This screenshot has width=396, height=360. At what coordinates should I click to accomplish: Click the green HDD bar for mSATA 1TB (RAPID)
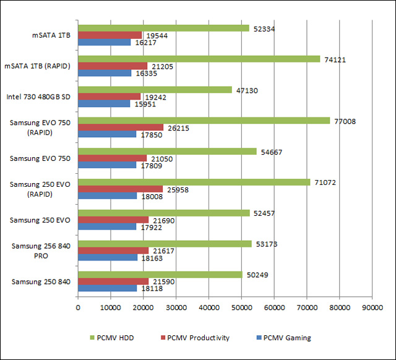click(199, 59)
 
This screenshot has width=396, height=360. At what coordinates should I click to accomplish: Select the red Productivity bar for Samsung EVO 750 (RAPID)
click(121, 127)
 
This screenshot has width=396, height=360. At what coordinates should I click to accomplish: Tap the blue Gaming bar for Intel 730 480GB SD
click(104, 104)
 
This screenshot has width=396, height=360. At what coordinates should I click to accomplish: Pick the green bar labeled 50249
click(160, 275)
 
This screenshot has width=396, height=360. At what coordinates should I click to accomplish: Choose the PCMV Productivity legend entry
click(195, 338)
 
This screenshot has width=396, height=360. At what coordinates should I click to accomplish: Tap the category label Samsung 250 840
click(41, 281)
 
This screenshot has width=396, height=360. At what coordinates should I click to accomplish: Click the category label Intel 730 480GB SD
click(38, 97)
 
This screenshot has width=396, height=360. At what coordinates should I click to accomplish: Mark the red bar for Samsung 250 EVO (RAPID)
click(120, 189)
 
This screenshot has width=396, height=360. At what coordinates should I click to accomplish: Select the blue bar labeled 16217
click(104, 43)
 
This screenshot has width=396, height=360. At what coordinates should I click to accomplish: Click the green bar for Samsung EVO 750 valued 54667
click(167, 151)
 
